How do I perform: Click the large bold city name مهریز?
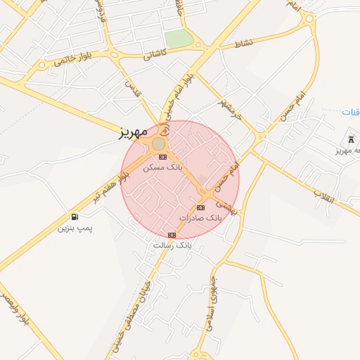tap(134, 131)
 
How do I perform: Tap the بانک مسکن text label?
tap(162, 168)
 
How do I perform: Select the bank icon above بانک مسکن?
tap(163, 157)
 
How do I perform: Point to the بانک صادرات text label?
tap(200, 218)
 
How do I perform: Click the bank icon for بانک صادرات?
tap(200, 207)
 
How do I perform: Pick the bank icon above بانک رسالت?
tap(172, 235)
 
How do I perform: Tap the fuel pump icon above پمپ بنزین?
tap(75, 217)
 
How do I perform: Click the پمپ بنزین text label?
tap(75, 229)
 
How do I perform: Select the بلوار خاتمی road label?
tap(69, 60)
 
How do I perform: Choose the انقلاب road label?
tap(325, 194)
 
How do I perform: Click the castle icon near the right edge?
tap(351, 139)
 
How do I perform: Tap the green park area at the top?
tap(179, 39)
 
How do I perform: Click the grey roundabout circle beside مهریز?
tap(159, 143)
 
